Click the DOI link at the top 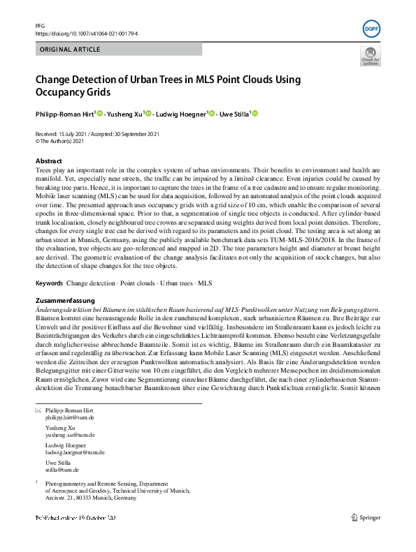(x=86, y=33)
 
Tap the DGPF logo (x=372, y=30)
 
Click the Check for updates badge (x=370, y=57)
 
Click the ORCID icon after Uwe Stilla (x=254, y=113)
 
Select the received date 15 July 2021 (x=73, y=134)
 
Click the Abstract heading (x=48, y=161)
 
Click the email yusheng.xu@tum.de (x=70, y=435)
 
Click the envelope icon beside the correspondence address (x=38, y=410)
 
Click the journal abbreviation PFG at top (x=40, y=25)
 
